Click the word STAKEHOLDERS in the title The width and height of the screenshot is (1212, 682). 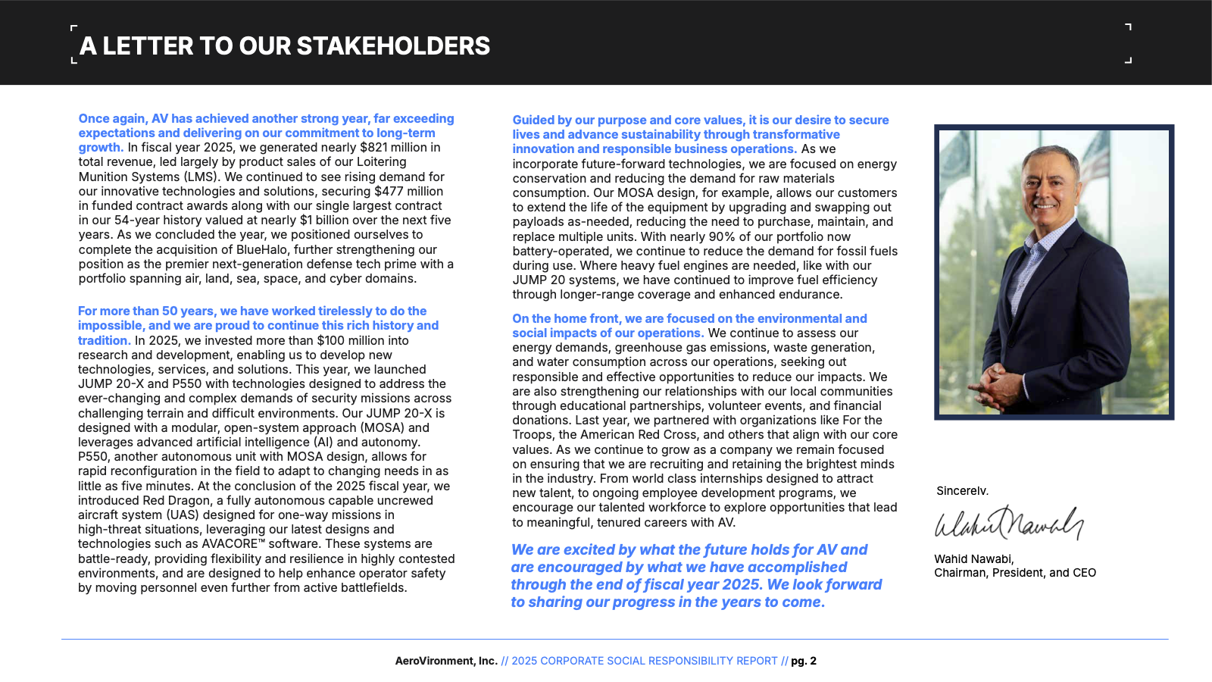393,46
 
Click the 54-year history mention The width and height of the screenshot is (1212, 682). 141,221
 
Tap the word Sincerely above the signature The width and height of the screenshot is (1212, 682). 962,491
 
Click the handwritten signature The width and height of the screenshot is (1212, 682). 1008,524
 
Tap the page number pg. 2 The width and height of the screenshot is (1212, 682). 804,662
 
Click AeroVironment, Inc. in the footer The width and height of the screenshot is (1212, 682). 446,662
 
